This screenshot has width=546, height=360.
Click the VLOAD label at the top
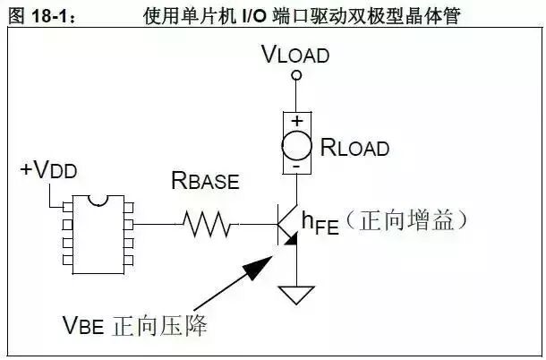[x=295, y=55]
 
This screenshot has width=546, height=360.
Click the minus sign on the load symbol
[x=296, y=166]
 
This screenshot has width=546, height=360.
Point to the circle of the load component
[x=296, y=144]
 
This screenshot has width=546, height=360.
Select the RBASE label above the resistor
[x=205, y=182]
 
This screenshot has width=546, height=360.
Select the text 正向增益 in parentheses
[x=412, y=219]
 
